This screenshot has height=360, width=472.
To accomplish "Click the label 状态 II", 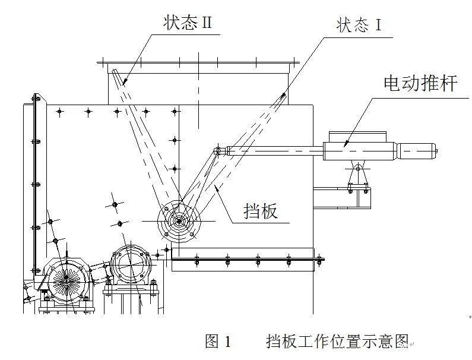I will point(188,23).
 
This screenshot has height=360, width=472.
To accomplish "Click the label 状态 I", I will point(357,26).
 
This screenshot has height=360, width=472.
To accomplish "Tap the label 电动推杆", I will point(420,84).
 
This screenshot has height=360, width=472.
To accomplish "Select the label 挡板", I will point(261,210).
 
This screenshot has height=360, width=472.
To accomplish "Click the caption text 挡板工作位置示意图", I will point(338,341).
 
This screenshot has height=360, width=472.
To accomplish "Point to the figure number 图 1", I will point(218,341).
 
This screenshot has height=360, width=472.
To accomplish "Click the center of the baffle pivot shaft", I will point(179,221).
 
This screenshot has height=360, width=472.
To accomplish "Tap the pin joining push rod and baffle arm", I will point(218,151).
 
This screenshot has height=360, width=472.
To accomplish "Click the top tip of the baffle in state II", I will point(114,73).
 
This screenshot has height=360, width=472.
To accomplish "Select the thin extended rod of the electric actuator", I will point(279,151).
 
